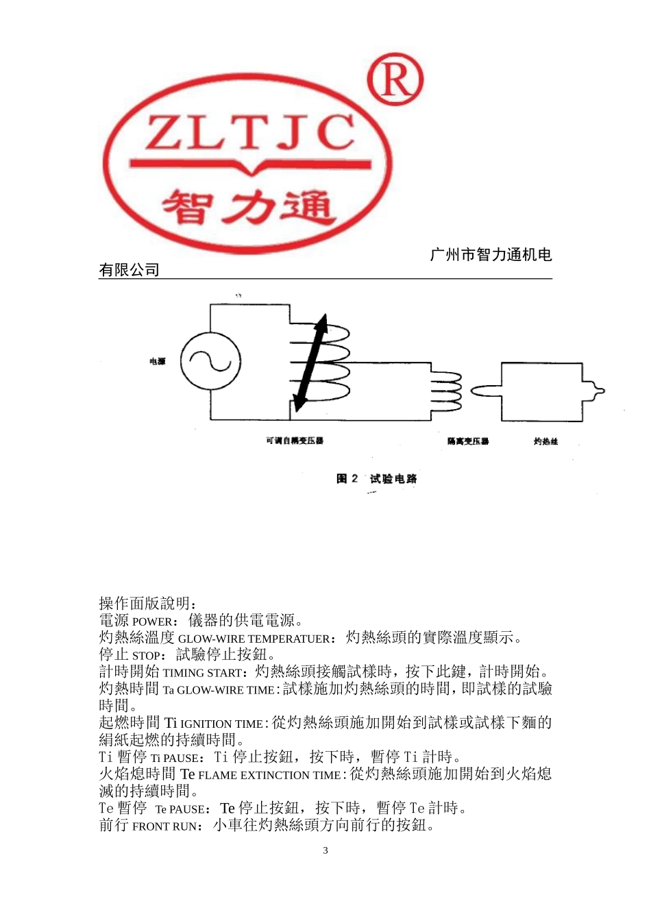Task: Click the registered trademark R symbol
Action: click(395, 79)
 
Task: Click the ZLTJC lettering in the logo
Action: click(250, 134)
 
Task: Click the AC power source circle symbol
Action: click(210, 361)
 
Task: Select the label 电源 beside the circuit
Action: click(158, 361)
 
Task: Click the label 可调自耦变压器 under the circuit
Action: click(295, 441)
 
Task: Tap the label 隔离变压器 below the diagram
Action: click(468, 441)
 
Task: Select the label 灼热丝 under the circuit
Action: click(546, 441)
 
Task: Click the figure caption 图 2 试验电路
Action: click(376, 478)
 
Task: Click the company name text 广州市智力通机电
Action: click(491, 255)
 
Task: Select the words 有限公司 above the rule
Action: click(129, 270)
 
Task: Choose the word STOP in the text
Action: click(148, 656)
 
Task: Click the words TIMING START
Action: click(204, 673)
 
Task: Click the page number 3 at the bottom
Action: click(325, 850)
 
